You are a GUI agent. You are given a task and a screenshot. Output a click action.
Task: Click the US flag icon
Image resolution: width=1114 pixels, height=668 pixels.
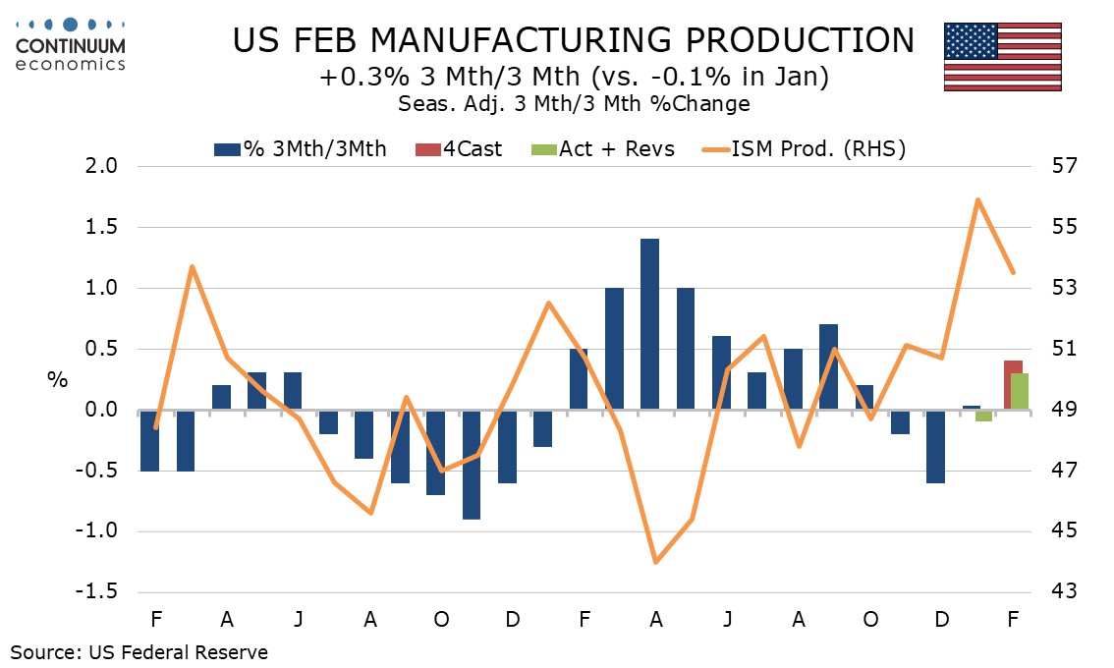pos(1002,56)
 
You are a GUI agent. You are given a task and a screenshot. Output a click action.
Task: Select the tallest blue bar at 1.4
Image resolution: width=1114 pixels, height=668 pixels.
pos(649,324)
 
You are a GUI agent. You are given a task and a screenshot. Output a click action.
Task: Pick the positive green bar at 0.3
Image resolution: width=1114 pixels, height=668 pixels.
pos(1021,391)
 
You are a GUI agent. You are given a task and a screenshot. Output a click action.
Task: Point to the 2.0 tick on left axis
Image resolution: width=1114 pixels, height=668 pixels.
pos(102,167)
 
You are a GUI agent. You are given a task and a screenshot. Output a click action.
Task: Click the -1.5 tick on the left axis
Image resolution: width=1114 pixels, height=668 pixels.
pos(97,592)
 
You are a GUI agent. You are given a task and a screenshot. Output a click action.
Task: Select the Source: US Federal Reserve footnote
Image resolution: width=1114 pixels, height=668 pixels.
pos(139,651)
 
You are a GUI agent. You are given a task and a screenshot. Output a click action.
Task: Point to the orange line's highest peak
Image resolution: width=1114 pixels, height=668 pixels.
pos(978,199)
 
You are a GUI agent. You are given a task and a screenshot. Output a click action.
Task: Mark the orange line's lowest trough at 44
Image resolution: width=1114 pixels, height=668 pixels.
pos(655,562)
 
